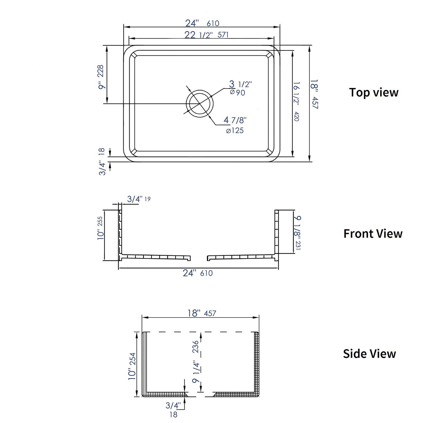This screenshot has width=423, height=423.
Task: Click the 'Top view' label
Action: click(x=374, y=92)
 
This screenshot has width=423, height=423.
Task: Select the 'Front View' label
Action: click(x=373, y=234)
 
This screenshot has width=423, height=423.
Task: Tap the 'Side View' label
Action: click(x=369, y=354)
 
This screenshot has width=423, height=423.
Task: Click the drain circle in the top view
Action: click(x=199, y=103)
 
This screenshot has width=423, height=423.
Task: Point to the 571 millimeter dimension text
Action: click(x=223, y=35)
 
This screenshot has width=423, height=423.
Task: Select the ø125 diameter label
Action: click(x=235, y=131)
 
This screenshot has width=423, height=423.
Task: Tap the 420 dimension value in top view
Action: click(x=296, y=116)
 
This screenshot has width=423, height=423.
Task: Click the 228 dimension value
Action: click(x=101, y=71)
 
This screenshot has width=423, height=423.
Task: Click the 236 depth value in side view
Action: click(x=195, y=347)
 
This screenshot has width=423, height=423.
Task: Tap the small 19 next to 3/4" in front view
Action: click(x=147, y=199)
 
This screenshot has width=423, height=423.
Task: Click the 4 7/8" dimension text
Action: click(x=235, y=120)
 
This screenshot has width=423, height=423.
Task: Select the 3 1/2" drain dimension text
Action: click(x=240, y=84)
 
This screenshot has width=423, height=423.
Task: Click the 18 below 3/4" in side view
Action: click(x=173, y=415)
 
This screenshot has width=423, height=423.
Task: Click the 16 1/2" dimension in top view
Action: click(x=296, y=93)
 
